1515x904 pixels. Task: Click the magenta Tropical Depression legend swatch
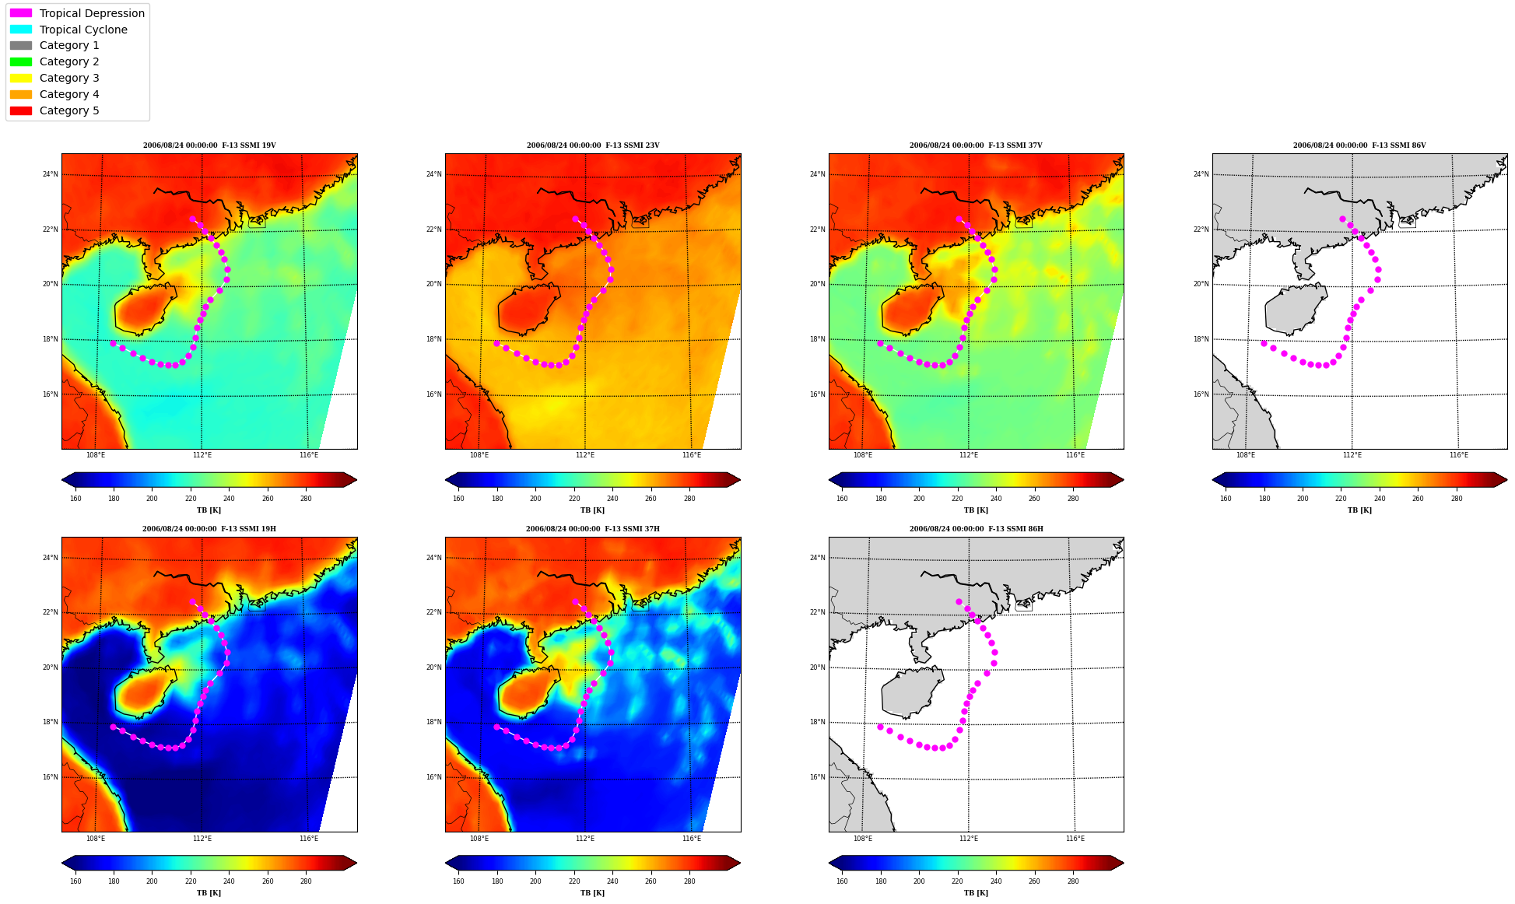click(x=21, y=13)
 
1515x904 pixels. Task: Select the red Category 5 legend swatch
click(x=21, y=110)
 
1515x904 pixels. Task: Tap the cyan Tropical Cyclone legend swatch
click(x=21, y=30)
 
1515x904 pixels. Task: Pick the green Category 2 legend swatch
click(x=21, y=61)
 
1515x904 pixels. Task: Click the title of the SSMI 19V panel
click(x=209, y=145)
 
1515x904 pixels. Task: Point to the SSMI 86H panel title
click(x=977, y=529)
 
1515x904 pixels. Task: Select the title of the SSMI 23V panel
click(x=593, y=145)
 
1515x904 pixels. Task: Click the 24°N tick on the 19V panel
click(x=51, y=174)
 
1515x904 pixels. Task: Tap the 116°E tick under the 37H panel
click(x=692, y=838)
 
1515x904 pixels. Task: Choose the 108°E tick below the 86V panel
click(x=1246, y=455)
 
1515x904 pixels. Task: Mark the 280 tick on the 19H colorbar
click(x=306, y=881)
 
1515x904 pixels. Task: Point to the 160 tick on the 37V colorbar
click(x=842, y=499)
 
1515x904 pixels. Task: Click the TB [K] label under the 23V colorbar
click(x=593, y=510)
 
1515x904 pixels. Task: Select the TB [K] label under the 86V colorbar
click(x=1360, y=510)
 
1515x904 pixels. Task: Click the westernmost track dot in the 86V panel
click(x=1264, y=343)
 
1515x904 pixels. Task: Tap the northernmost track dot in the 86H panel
click(x=959, y=601)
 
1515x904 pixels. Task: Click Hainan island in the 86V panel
click(x=1295, y=309)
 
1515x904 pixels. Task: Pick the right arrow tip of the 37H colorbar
click(x=740, y=863)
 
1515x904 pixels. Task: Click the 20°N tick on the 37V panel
click(x=818, y=284)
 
